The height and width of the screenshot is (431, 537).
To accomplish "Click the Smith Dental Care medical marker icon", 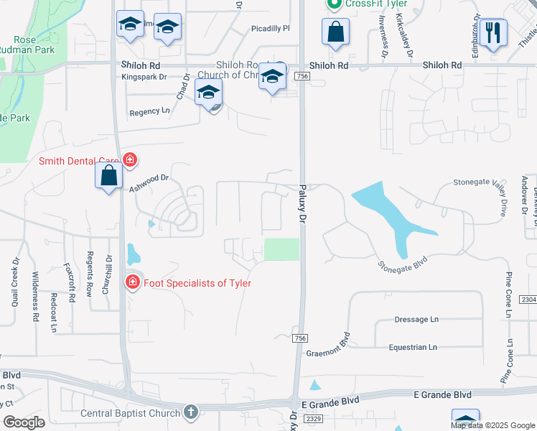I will [129, 159].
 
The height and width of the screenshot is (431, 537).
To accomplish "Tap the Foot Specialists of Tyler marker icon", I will [132, 283].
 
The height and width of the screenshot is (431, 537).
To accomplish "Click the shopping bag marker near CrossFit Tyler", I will [335, 32].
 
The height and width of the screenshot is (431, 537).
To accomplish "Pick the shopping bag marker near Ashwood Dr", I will [108, 176].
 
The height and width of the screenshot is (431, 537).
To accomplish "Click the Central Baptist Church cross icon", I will [190, 412].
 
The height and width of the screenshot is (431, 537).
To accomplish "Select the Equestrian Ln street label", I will [412, 347].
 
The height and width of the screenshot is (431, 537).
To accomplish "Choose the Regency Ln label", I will [150, 111].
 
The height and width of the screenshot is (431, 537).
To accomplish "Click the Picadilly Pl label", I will [270, 29].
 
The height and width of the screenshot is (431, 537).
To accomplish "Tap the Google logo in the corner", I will [24, 422].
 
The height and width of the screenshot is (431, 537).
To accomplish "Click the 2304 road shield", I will [528, 300].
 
